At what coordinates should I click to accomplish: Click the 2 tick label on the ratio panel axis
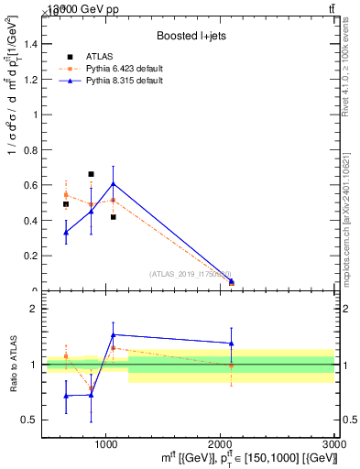pyautogui.click(x=32, y=310)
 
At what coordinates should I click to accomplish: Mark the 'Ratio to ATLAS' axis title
pyautogui.click(x=13, y=365)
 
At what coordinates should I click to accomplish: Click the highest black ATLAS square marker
pyautogui.click(x=91, y=174)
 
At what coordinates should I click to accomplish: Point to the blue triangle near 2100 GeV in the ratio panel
pyautogui.click(x=232, y=344)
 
